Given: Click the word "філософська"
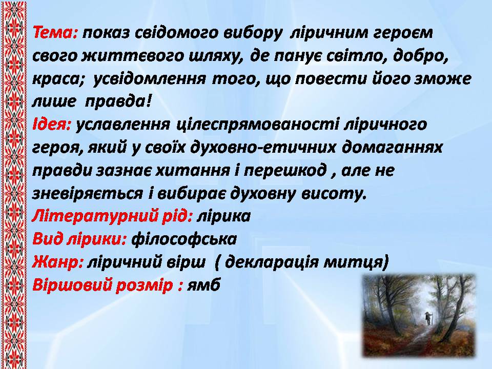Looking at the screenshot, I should tap(184, 239).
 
